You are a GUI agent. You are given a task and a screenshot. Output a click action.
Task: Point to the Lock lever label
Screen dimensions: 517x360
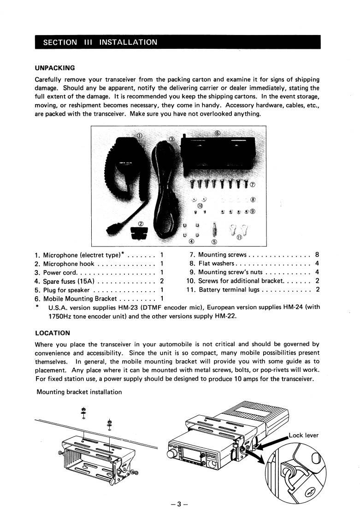(x=303, y=435)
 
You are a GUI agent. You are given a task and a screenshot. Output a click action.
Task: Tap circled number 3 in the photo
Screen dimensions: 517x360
(x=171, y=140)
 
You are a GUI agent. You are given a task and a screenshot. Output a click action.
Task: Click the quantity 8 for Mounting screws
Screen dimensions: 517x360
(x=317, y=255)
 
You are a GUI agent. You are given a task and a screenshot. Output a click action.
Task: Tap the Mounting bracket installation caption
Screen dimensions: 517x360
(x=79, y=393)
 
